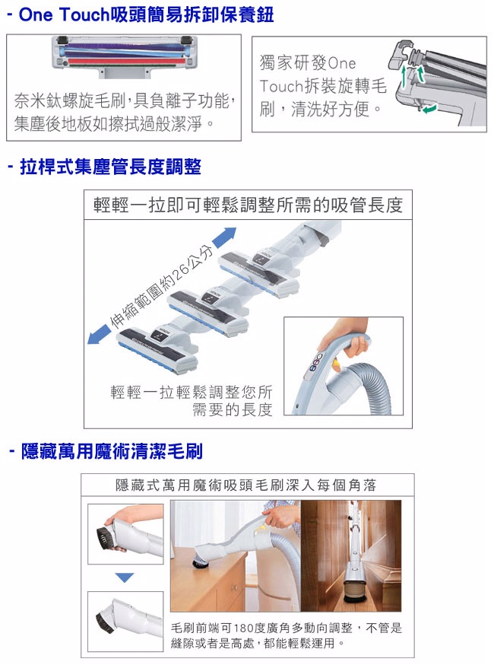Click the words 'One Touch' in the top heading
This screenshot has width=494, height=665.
65,14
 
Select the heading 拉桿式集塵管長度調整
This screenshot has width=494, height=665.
110,167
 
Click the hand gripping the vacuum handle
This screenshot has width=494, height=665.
344,339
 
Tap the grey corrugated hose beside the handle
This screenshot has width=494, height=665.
373,386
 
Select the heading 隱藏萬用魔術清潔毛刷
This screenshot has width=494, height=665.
112,451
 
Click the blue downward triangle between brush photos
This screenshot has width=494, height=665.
124,577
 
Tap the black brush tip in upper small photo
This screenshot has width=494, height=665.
105,538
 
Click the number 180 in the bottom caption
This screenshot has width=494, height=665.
242,628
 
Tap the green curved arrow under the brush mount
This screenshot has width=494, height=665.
429,109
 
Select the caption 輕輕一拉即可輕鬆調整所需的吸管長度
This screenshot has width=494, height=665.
248,205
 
